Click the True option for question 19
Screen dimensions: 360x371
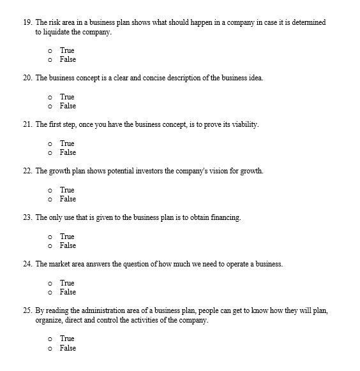point(50,50)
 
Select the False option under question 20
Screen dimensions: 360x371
point(50,106)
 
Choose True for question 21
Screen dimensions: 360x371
point(50,143)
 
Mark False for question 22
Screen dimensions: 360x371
point(50,199)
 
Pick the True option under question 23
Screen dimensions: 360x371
point(50,236)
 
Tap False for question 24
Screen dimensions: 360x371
point(50,292)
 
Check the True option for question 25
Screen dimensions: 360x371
point(50,338)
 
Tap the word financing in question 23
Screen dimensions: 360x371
point(225,218)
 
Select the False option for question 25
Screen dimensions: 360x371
point(50,348)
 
